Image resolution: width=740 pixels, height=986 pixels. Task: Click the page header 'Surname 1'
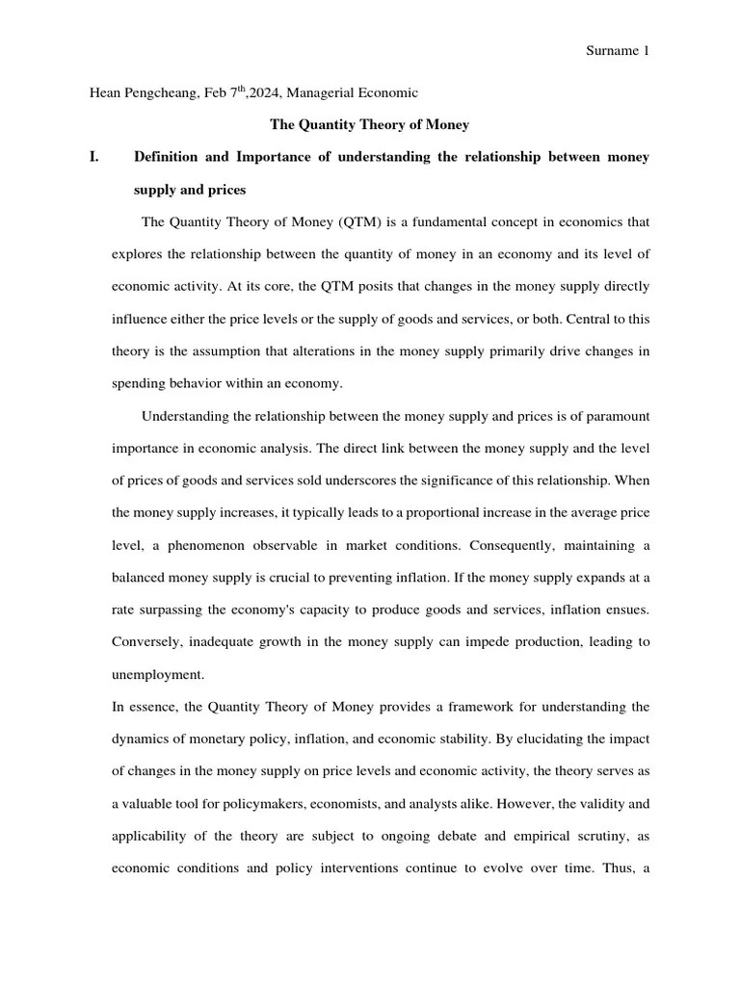pyautogui.click(x=618, y=51)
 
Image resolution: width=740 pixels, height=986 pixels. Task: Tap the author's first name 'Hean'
pyautogui.click(x=106, y=93)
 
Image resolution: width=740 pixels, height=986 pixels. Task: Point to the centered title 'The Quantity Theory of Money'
pyautogui.click(x=369, y=124)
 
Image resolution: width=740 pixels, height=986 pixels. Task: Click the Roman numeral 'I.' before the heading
pyautogui.click(x=94, y=157)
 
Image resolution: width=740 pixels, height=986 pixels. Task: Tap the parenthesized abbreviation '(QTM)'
pyautogui.click(x=361, y=222)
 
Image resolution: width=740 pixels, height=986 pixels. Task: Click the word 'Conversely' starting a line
pyautogui.click(x=146, y=642)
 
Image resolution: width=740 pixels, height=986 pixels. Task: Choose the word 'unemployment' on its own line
pyautogui.click(x=157, y=675)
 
